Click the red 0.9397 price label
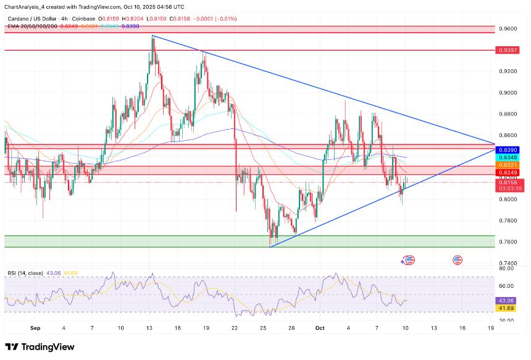(x=506, y=50)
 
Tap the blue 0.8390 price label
(x=506, y=149)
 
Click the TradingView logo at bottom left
(x=40, y=347)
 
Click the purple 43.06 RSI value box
(x=506, y=301)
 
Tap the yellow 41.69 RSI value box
(x=506, y=308)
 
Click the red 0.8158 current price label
(x=506, y=183)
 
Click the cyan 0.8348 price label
(x=506, y=157)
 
